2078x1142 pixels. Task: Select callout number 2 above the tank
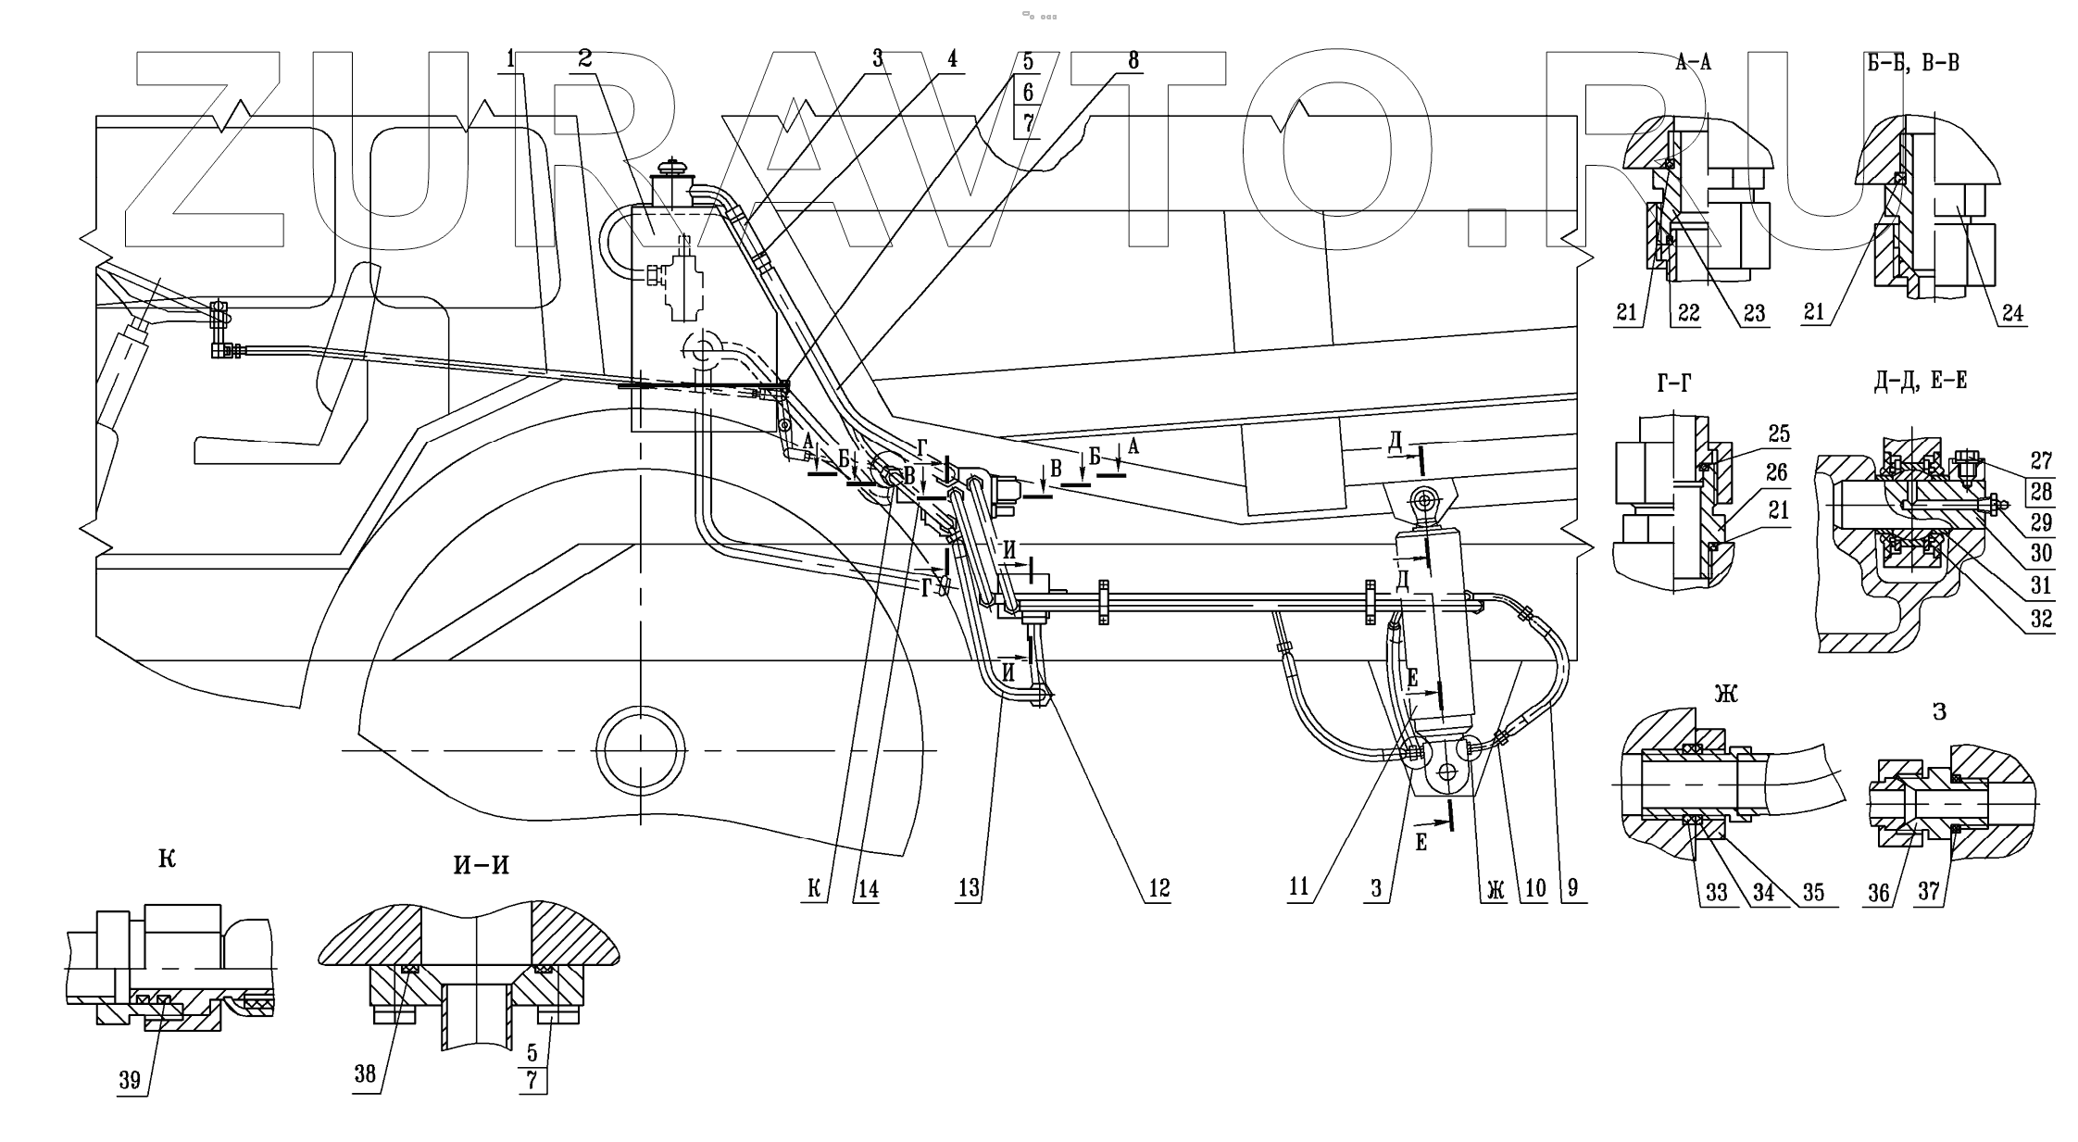(584, 57)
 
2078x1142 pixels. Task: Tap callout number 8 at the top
(1133, 59)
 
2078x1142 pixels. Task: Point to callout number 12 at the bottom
(1159, 888)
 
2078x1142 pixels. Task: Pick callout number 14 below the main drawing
(868, 889)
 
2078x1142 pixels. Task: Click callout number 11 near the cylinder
(1298, 886)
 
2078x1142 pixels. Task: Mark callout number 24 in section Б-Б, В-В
(2012, 313)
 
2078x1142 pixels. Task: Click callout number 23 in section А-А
(1754, 313)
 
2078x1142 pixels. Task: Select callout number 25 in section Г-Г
(1778, 433)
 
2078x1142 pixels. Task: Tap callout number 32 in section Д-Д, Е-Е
(2041, 618)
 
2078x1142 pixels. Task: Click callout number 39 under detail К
(130, 1081)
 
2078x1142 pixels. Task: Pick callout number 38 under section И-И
(366, 1073)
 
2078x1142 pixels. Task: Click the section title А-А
(1693, 63)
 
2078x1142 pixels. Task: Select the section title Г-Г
(1672, 383)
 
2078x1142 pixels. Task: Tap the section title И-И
(481, 865)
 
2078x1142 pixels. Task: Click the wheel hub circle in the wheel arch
(641, 748)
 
